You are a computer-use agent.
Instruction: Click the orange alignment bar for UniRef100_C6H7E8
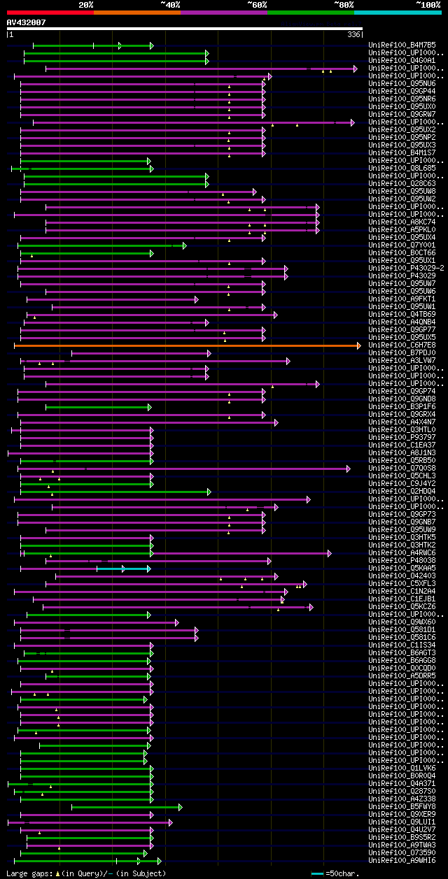point(186,345)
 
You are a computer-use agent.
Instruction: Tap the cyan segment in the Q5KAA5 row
point(123,569)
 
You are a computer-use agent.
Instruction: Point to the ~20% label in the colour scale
point(86,4)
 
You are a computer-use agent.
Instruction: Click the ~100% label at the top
point(428,4)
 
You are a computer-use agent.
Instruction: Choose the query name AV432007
point(26,22)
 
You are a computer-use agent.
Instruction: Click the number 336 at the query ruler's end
point(354,34)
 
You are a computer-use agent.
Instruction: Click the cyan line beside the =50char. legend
point(318,873)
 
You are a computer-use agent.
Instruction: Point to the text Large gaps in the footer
point(29,873)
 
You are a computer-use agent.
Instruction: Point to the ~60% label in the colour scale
point(257,4)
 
